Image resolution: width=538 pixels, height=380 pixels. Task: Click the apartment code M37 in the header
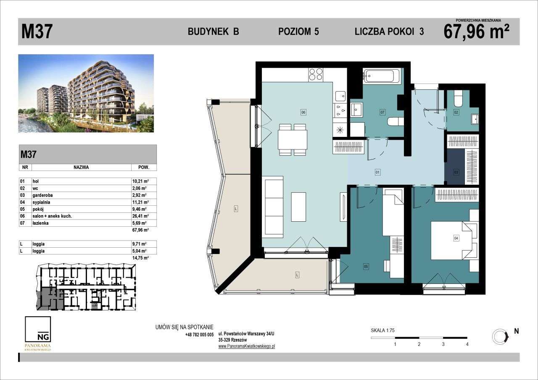[x=37, y=32]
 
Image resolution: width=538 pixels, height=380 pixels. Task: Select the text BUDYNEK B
[x=213, y=32]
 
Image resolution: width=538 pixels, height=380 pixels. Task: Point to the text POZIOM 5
[x=298, y=32]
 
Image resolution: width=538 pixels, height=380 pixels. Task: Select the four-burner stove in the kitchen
[x=316, y=74]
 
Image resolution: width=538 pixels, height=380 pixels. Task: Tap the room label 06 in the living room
[x=303, y=112]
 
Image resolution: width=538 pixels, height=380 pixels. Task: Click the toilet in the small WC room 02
[x=458, y=100]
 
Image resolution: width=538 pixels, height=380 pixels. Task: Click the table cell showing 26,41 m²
[x=140, y=216]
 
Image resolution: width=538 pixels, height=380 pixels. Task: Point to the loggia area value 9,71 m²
[x=140, y=244]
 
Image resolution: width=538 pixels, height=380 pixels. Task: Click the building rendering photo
[x=86, y=93]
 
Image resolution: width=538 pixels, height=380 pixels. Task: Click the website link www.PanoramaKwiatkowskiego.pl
[x=247, y=346]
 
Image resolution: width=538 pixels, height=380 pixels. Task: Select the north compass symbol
[x=499, y=336]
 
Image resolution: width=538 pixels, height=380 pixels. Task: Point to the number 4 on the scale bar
[x=467, y=344]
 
